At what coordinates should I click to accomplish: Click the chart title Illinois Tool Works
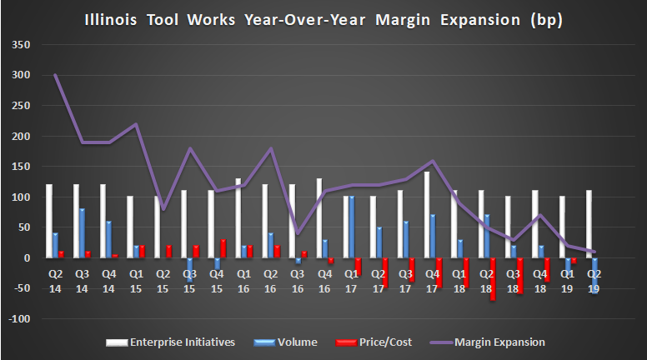(323, 18)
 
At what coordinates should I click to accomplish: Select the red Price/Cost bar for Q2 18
(493, 279)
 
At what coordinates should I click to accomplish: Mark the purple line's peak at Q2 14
(55, 75)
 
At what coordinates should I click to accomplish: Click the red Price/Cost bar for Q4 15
(224, 249)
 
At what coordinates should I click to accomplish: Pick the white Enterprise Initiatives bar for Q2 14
(48, 222)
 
